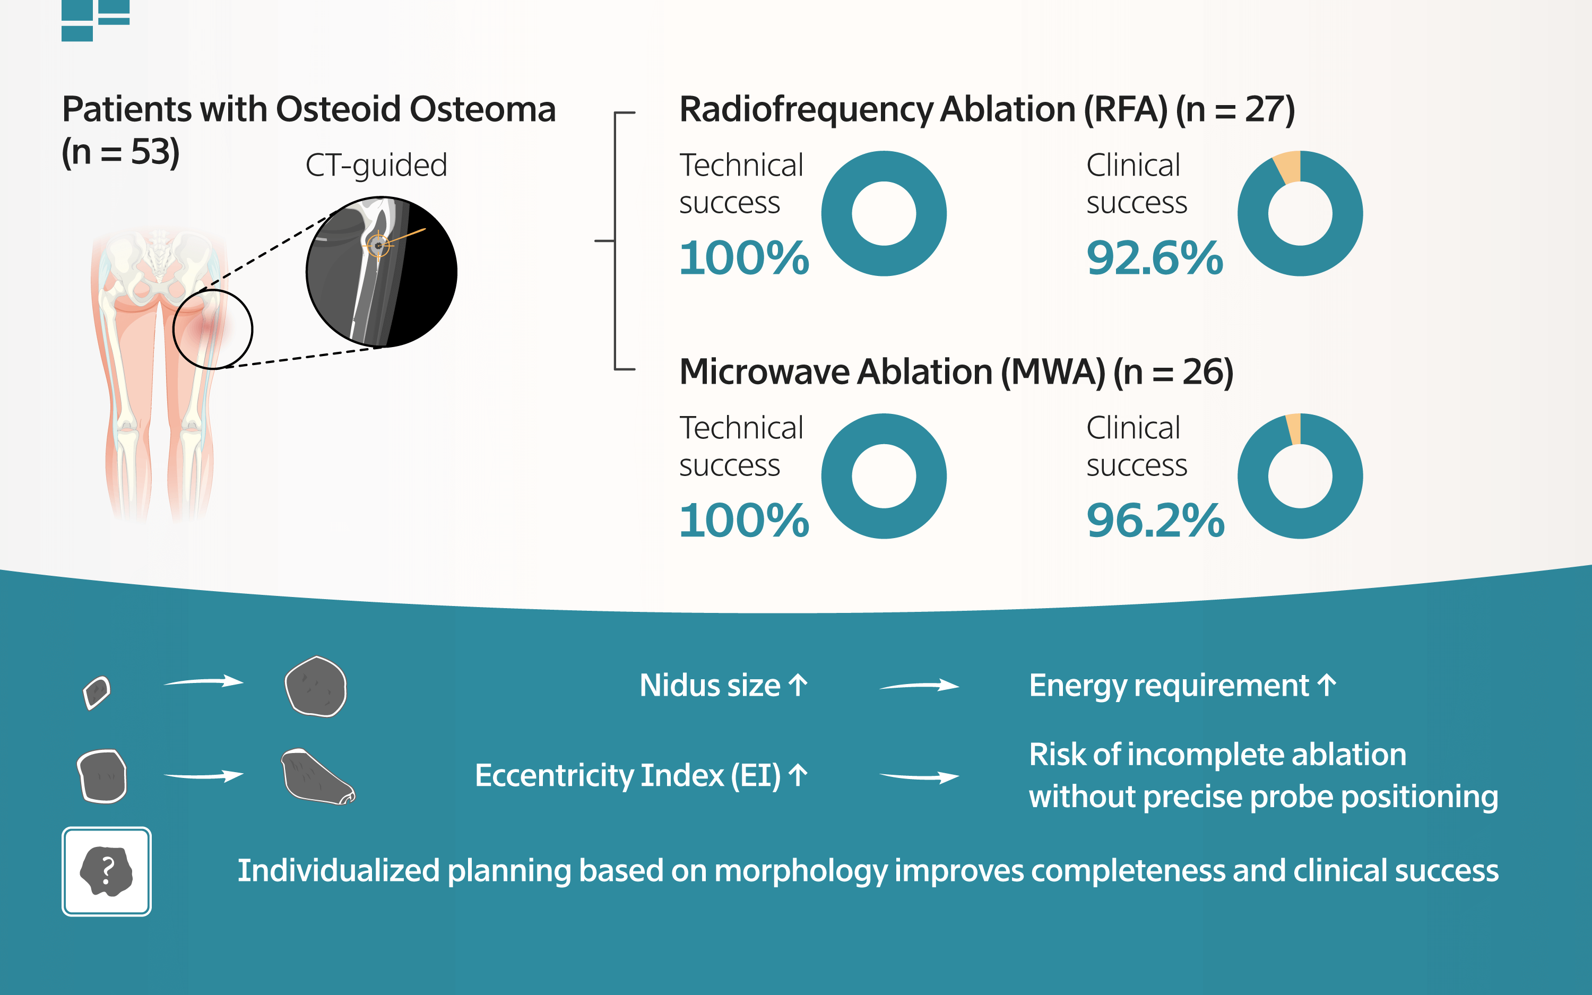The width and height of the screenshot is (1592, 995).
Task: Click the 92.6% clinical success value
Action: tap(1155, 258)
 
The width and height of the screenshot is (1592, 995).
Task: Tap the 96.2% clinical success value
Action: tap(1155, 521)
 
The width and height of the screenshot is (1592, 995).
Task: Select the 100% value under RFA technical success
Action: tap(744, 258)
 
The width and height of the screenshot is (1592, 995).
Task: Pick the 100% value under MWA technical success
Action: tap(744, 521)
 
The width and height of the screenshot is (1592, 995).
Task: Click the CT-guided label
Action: tap(376, 166)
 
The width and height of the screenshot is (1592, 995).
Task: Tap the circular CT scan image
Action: tap(382, 272)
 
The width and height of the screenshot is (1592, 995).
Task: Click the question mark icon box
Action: tap(107, 871)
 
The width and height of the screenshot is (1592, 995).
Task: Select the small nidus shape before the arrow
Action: tap(97, 693)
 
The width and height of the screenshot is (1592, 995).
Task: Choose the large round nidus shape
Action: tap(316, 686)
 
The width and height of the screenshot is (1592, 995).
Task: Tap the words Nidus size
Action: tap(710, 686)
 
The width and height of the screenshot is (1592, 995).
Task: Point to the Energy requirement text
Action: tap(1169, 686)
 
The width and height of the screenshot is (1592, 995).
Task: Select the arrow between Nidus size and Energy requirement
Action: tap(919, 686)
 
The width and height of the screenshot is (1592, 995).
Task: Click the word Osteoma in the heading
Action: tap(483, 109)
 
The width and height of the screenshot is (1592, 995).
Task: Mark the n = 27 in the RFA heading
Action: tap(1235, 109)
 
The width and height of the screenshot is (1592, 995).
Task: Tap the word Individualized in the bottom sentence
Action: tap(338, 871)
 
